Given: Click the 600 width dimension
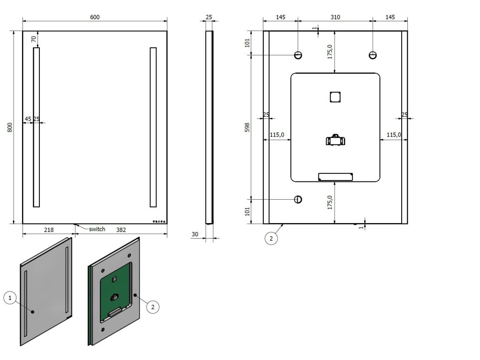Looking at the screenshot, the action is click(x=94, y=17).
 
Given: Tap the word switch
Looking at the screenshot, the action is click(x=97, y=229).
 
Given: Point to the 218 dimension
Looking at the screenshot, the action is click(x=49, y=230).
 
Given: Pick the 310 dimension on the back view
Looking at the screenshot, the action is click(x=335, y=17).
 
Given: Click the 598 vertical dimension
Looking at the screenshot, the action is click(x=247, y=127).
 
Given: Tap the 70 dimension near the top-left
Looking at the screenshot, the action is click(x=34, y=39).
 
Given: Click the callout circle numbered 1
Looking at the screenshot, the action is click(x=10, y=297).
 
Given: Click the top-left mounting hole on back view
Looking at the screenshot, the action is click(x=298, y=55).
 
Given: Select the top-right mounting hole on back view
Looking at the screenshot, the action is click(x=372, y=55).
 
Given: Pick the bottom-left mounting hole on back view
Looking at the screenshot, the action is click(x=298, y=200).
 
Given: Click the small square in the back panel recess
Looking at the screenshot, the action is click(x=335, y=97).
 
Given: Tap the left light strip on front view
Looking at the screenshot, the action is click(x=37, y=127).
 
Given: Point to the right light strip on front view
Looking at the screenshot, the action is click(x=153, y=127).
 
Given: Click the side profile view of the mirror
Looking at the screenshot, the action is click(x=209, y=127).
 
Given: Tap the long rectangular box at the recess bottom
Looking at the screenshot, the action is click(x=335, y=176).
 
